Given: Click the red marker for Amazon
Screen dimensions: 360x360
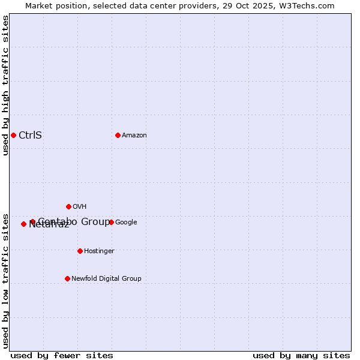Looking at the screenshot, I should point(118,135).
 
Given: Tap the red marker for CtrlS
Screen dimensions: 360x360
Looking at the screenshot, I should point(13,135).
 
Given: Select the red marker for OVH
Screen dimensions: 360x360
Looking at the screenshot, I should point(68,206).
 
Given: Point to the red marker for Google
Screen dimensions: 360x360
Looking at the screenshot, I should point(111,222).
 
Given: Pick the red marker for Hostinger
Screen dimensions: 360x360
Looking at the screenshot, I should point(80,251).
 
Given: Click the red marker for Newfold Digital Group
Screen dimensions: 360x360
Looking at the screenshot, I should point(67,278).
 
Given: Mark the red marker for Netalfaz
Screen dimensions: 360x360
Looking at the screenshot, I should point(23,224).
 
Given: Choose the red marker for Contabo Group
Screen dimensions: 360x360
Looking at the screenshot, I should point(32,222).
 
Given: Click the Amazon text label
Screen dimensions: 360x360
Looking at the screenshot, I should point(134,135).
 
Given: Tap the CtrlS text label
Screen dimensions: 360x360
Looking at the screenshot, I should point(30,135).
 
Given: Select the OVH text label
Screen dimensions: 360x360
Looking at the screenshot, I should point(80,206).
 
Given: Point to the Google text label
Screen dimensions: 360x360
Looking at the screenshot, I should point(126,222).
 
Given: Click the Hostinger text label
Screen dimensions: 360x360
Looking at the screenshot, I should point(99,251).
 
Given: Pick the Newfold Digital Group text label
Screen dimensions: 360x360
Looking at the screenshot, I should point(106,278).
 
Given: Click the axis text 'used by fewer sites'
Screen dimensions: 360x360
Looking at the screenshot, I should point(62,355).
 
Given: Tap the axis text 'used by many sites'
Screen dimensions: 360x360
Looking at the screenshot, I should point(301,355).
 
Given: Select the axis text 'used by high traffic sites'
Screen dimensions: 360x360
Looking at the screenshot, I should point(5,85).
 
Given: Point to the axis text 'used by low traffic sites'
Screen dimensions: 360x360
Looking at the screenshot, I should point(5,280).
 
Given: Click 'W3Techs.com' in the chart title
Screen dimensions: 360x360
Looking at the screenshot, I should point(310,5).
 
